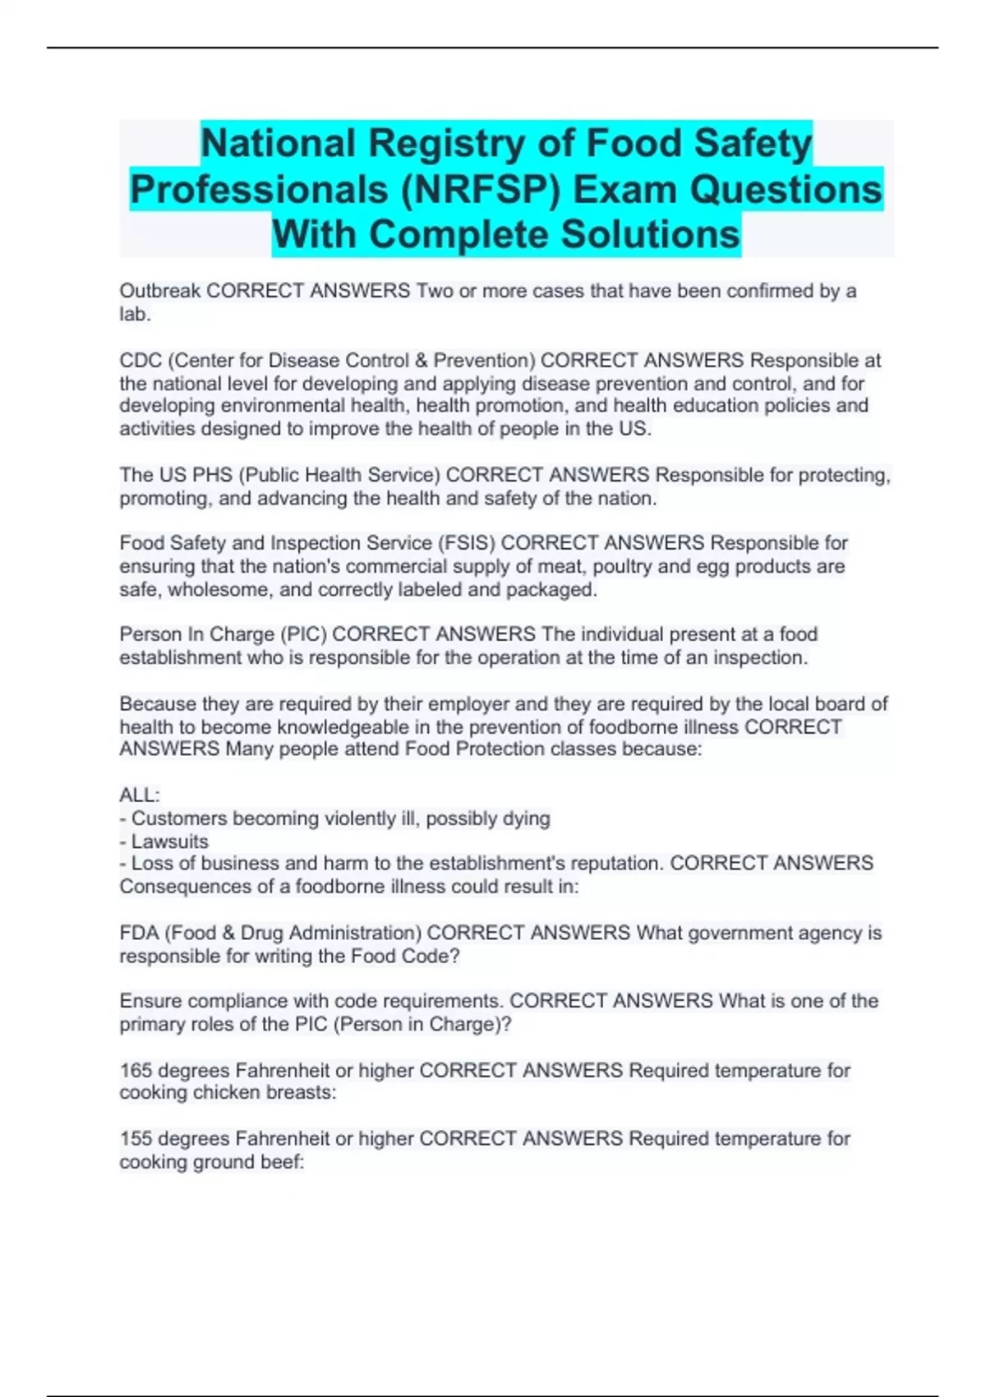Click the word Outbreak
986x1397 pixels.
pos(159,291)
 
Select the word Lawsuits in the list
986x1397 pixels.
pos(169,841)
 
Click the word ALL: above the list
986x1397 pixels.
pos(140,795)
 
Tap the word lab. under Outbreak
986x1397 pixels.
pos(135,314)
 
